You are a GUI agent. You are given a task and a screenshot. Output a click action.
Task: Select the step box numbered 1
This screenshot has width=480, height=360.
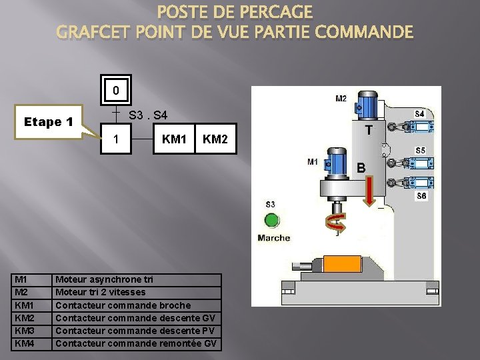116,139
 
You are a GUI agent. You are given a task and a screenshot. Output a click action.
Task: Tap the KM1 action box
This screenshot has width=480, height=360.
174,139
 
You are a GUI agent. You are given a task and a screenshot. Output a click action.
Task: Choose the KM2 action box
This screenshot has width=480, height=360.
215,139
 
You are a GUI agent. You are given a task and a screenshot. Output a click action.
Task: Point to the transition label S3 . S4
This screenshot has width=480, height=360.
148,115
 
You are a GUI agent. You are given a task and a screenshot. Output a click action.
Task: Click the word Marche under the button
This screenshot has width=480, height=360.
273,238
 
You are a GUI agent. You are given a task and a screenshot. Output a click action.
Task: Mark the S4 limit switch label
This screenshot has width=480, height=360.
419,114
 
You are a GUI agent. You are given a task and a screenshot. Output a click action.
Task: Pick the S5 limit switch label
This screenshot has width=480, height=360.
420,151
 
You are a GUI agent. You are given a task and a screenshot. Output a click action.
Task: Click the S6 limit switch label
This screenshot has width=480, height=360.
421,196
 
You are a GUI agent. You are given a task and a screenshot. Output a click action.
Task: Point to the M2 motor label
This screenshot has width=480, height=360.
341,99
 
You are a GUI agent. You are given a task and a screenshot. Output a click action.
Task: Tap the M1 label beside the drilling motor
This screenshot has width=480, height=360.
313,161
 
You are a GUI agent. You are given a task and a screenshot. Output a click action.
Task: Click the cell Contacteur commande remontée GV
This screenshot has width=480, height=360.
137,343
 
